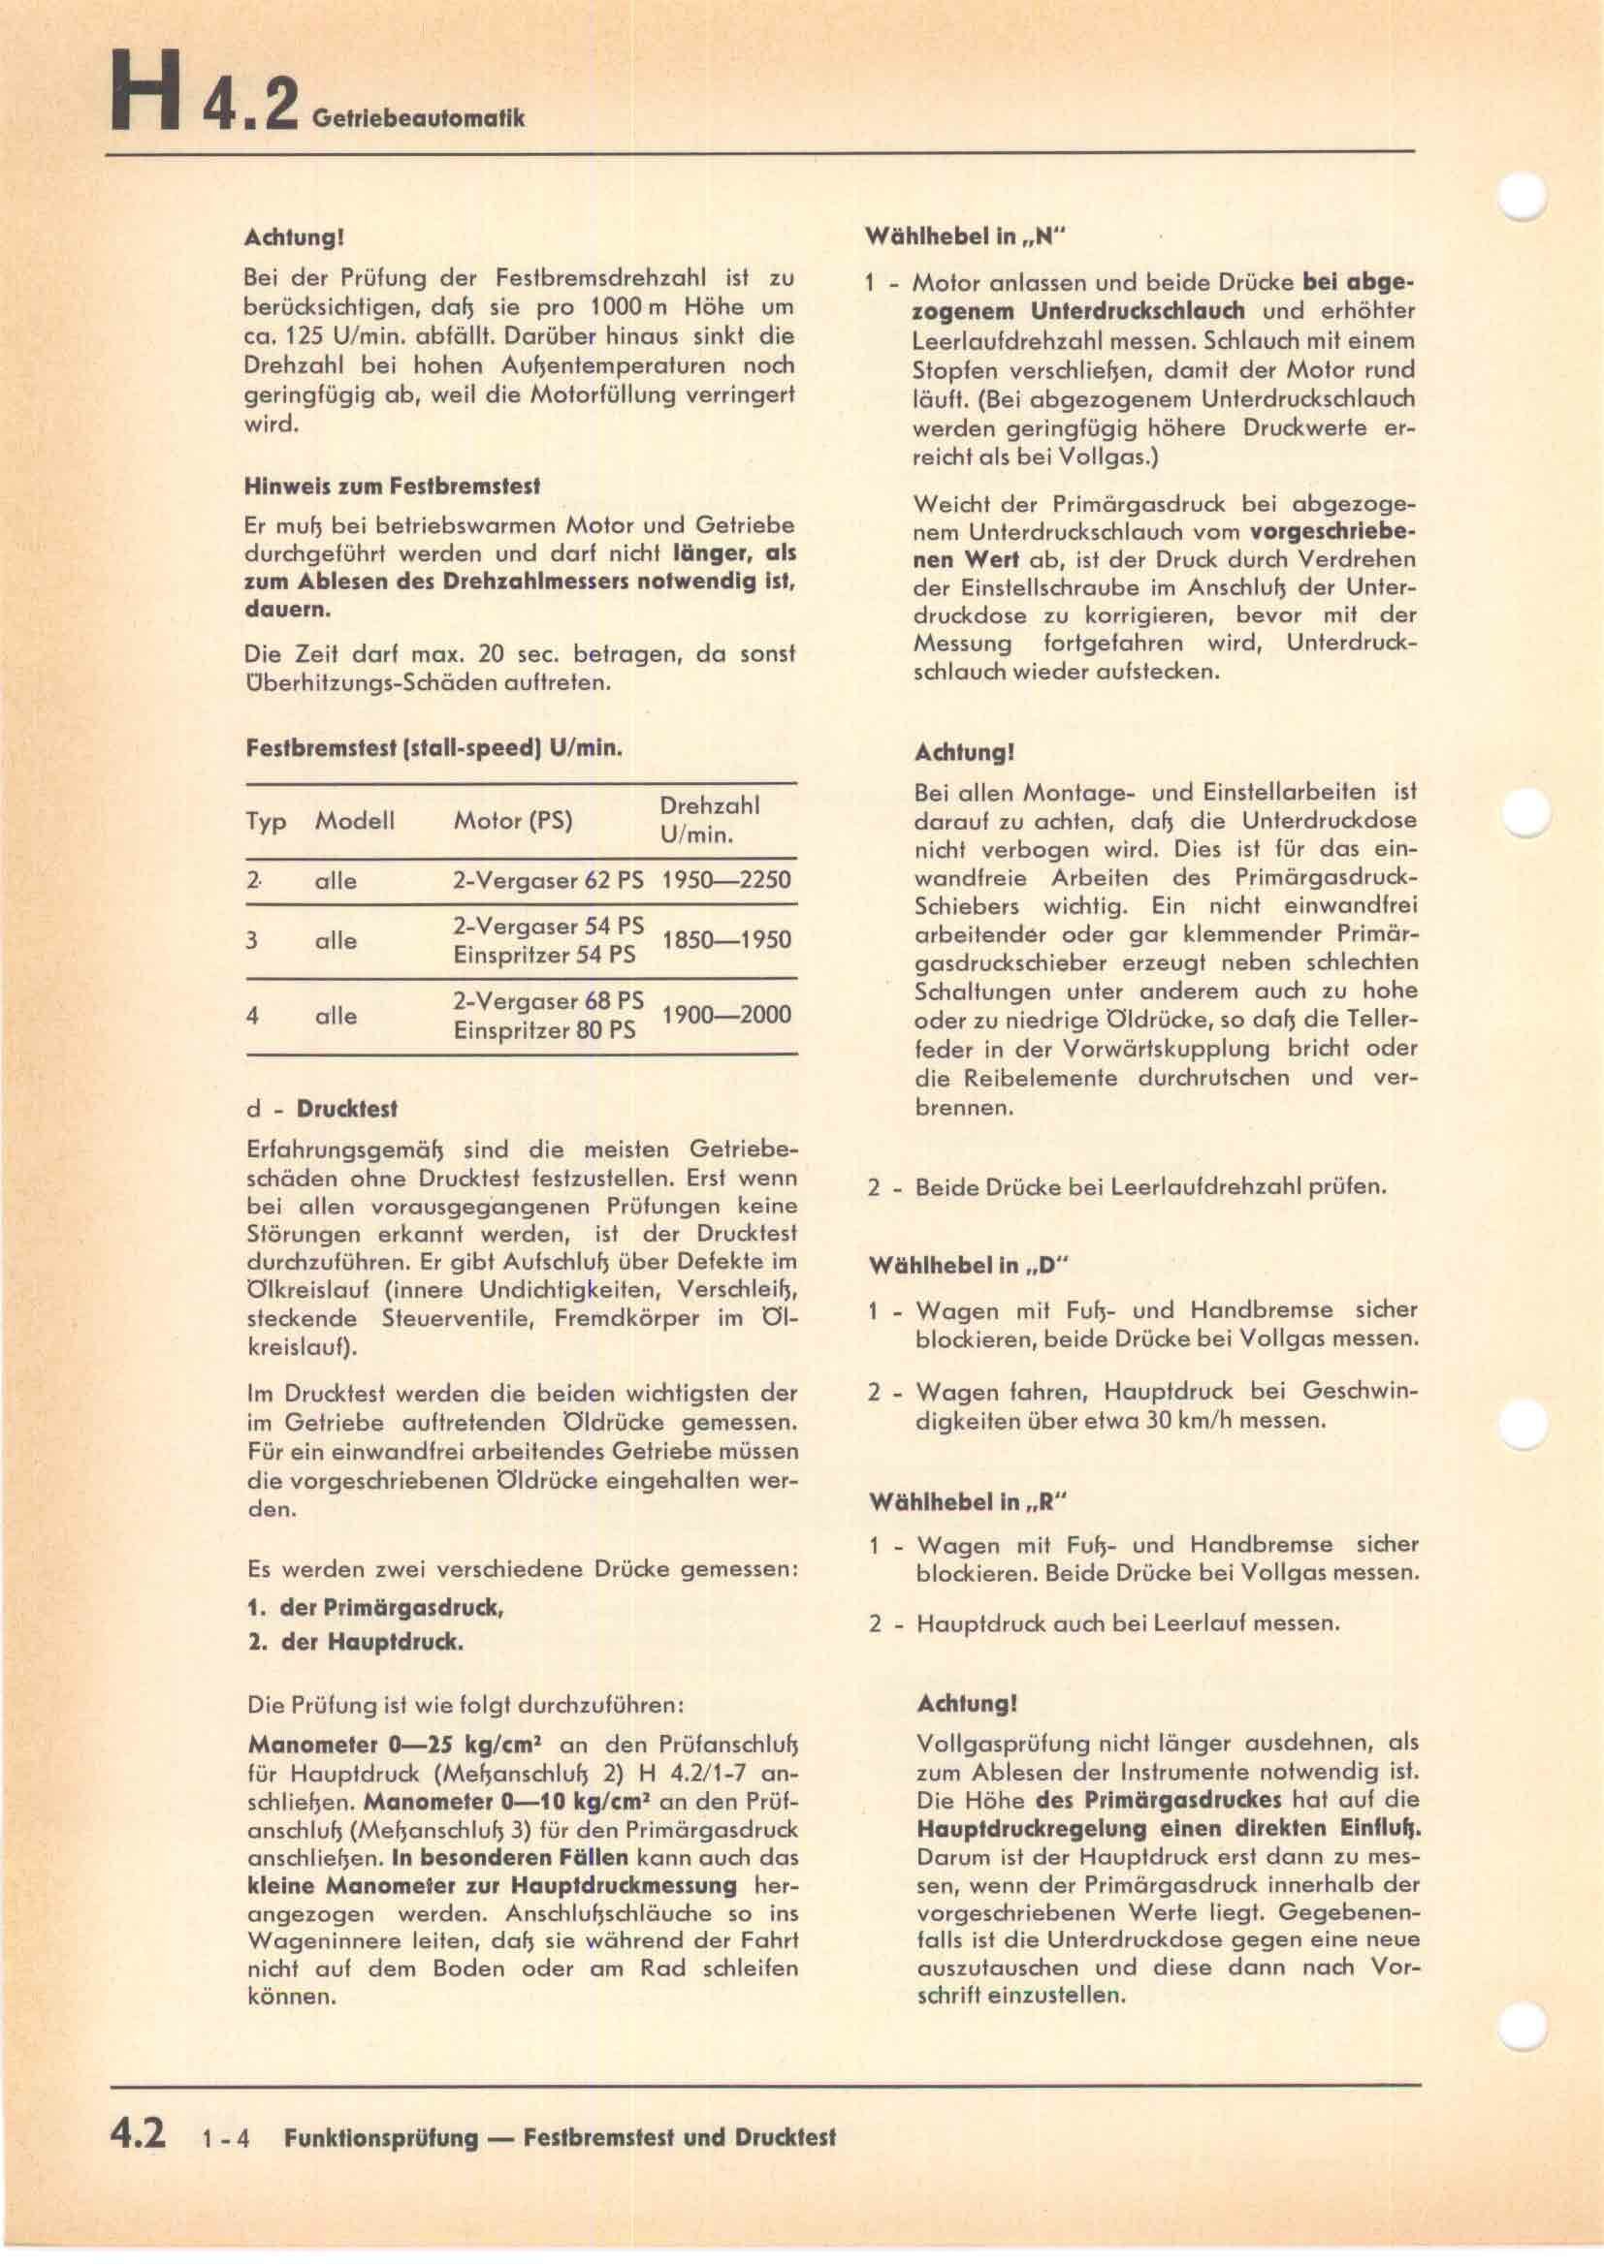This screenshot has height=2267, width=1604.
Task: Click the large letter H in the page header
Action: point(144,95)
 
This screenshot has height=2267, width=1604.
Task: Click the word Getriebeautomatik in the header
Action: point(418,118)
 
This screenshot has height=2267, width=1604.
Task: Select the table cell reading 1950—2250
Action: point(726,880)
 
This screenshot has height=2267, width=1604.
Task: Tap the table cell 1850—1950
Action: point(726,939)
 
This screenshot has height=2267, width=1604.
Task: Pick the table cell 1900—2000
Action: point(726,1014)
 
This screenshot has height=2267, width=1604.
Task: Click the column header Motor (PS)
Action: point(513,821)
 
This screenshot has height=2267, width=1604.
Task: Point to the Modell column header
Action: point(355,821)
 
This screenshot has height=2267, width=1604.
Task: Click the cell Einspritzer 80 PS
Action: point(544,1030)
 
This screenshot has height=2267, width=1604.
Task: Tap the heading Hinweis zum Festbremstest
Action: point(392,486)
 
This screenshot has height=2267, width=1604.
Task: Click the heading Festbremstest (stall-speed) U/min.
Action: point(433,747)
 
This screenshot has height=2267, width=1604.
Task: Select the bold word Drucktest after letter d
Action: point(346,1109)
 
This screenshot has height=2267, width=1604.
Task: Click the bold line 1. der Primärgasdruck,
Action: point(375,1607)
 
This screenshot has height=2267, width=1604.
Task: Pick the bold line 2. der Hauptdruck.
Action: point(356,1642)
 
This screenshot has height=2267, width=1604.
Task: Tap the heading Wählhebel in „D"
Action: point(969,1266)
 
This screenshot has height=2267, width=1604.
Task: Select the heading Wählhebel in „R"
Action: point(969,1501)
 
